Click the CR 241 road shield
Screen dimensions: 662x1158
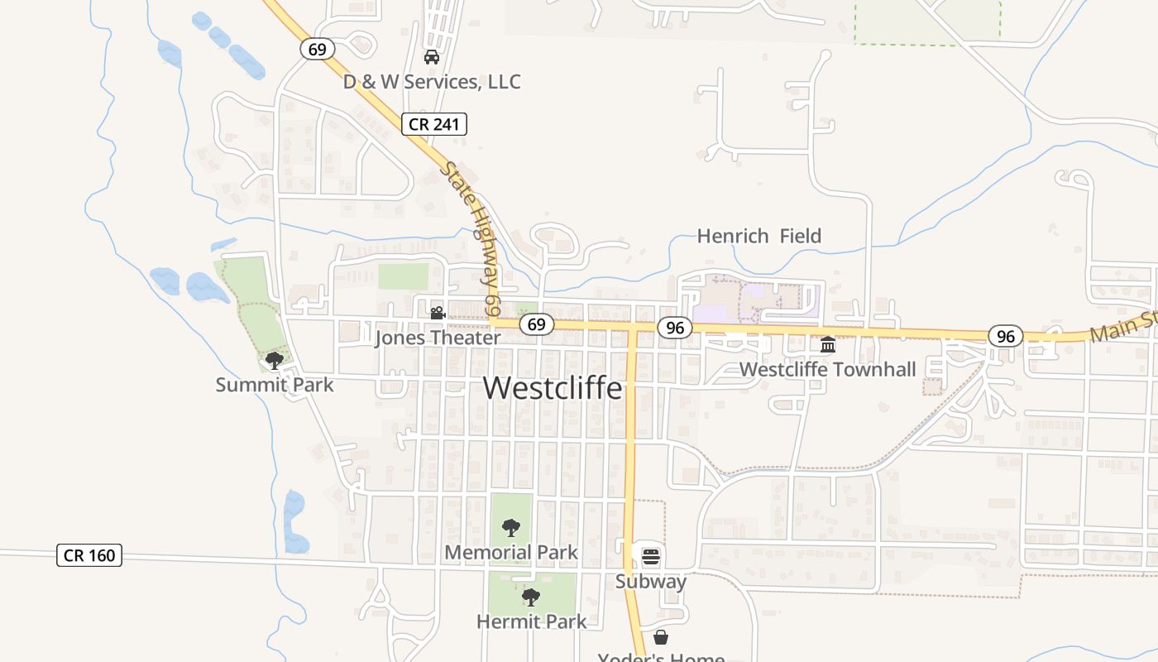(435, 125)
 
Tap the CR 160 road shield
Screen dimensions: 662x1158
(89, 555)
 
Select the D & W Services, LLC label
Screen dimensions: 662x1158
(432, 82)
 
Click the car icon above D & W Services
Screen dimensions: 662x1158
(431, 57)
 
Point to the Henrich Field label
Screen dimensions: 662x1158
(758, 236)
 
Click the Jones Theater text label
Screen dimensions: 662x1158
(438, 338)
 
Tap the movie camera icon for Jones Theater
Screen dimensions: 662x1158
(438, 313)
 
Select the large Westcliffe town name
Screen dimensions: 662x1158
(552, 387)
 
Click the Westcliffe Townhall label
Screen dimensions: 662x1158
(827, 369)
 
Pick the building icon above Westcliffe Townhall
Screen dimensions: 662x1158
(827, 344)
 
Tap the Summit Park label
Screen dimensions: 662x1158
(275, 385)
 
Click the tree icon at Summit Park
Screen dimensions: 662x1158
(274, 360)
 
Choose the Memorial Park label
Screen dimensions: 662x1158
(511, 552)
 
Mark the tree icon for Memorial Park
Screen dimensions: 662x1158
(511, 527)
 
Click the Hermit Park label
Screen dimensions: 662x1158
(531, 621)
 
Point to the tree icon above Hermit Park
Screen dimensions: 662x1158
(530, 597)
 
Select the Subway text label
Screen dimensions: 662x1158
(651, 581)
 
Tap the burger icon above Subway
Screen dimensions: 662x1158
(651, 556)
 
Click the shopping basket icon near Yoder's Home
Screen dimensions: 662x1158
(660, 637)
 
